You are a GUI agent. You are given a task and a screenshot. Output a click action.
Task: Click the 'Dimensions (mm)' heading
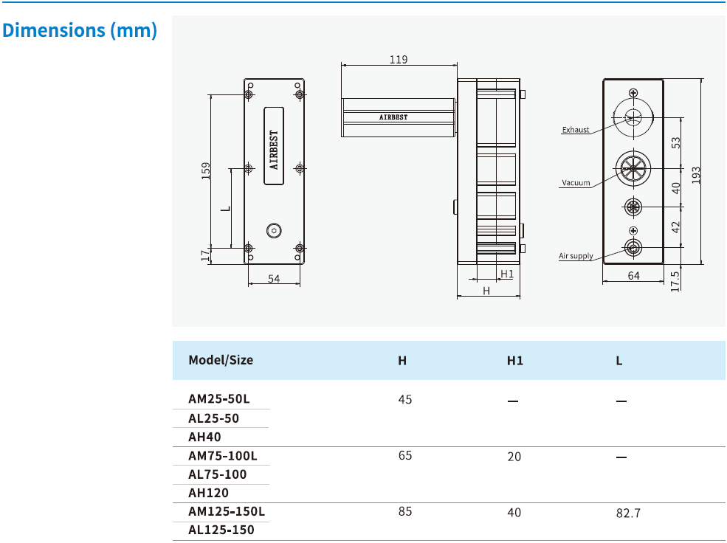(x=80, y=31)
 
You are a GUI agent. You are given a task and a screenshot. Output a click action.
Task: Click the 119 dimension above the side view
(x=399, y=60)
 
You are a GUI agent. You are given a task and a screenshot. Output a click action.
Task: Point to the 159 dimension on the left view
(x=207, y=170)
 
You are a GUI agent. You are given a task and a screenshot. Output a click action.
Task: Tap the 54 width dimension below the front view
(x=274, y=278)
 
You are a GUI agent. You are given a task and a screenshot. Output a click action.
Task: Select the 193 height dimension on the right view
(x=696, y=175)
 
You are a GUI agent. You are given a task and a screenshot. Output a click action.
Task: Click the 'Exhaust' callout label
(x=576, y=130)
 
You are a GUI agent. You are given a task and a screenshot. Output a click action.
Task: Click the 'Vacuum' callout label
(x=576, y=183)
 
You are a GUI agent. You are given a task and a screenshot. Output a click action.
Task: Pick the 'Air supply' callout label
(x=576, y=256)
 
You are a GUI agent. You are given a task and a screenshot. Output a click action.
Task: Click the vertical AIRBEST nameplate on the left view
(x=274, y=145)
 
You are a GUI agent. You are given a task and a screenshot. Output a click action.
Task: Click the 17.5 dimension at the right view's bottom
(x=675, y=280)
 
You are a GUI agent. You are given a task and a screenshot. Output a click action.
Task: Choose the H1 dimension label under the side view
(x=506, y=274)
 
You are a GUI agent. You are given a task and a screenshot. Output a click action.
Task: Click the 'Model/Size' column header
(x=221, y=360)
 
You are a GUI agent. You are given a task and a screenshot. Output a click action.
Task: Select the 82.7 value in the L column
(x=628, y=513)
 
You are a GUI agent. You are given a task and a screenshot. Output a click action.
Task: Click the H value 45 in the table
(x=404, y=399)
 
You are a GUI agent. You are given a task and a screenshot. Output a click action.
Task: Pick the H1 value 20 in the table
(x=514, y=457)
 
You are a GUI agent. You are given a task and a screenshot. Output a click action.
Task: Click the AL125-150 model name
(x=221, y=530)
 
